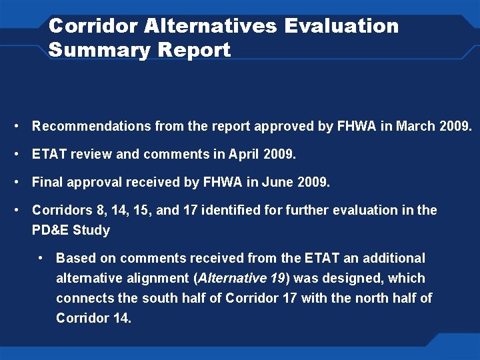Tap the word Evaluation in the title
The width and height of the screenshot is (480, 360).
click(341, 26)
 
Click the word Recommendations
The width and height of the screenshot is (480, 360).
click(91, 126)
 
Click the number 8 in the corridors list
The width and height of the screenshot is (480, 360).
click(101, 210)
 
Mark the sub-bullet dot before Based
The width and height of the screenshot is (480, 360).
click(41, 258)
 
